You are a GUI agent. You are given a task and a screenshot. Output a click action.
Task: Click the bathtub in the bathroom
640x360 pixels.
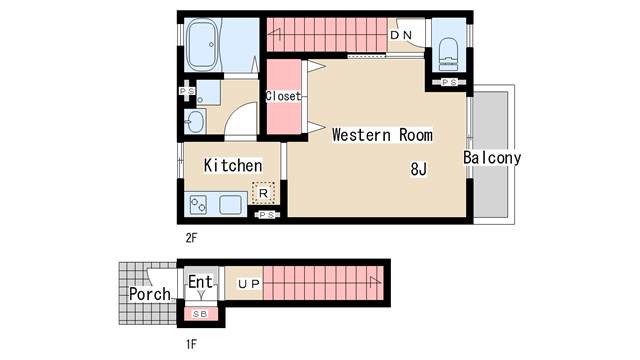click(213, 45)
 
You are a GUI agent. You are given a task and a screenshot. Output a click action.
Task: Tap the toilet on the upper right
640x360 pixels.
click(447, 51)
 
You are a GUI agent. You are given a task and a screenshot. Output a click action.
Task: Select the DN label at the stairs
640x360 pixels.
click(401, 36)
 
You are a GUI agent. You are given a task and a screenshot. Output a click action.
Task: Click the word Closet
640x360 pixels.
click(284, 97)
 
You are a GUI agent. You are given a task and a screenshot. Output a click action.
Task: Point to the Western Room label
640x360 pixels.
click(382, 134)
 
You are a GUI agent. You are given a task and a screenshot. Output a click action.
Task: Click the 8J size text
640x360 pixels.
click(418, 169)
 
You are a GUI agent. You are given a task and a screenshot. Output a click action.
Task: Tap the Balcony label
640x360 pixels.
click(492, 158)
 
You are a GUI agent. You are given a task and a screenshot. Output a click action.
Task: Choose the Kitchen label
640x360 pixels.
click(233, 165)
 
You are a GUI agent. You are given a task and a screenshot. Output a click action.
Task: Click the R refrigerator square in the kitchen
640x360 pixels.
click(263, 192)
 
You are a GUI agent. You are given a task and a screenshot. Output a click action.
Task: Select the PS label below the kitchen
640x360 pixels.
click(266, 215)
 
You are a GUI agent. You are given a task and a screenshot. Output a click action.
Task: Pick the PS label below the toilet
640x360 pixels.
click(449, 83)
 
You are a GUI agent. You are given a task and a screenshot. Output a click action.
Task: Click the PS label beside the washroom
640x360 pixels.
click(187, 91)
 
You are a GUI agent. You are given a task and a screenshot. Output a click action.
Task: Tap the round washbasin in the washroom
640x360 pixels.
click(194, 123)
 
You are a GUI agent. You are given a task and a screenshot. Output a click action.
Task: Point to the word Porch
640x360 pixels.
click(149, 295)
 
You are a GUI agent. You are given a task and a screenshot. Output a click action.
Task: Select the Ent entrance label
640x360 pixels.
click(200, 282)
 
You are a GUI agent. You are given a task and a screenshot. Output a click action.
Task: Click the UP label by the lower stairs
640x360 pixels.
click(248, 284)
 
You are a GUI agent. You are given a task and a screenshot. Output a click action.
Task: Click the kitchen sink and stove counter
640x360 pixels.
click(216, 205)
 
